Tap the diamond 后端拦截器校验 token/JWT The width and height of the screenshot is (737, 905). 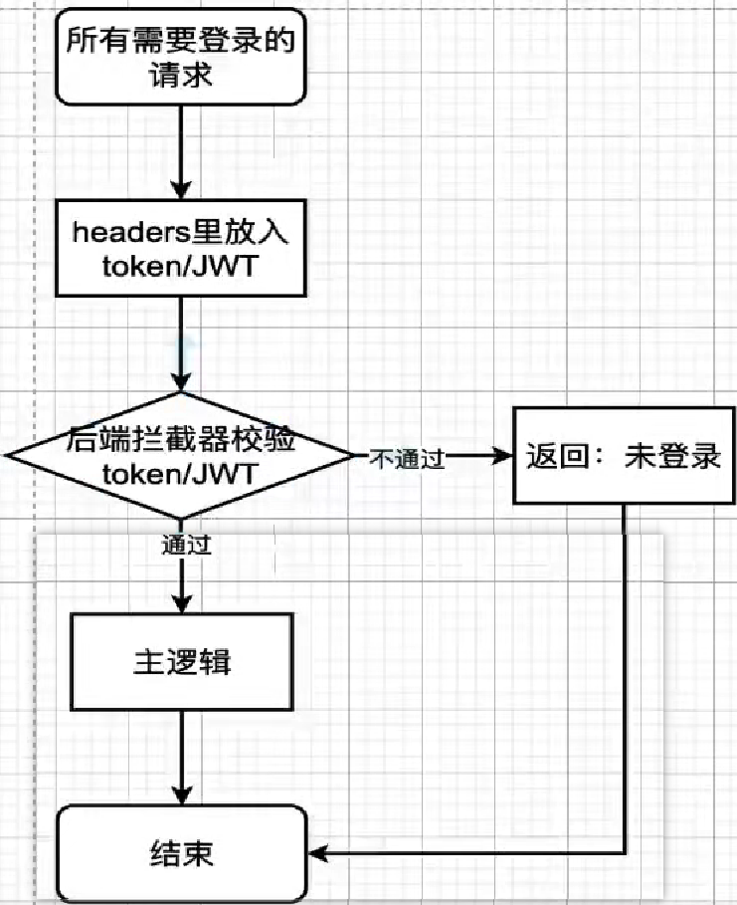[x=181, y=455]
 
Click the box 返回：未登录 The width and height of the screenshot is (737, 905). [x=623, y=457]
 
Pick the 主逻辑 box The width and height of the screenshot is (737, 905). [x=181, y=662]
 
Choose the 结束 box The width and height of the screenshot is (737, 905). [x=181, y=853]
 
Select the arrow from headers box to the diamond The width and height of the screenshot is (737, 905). [x=181, y=343]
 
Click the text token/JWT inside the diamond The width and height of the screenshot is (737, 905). [x=181, y=474]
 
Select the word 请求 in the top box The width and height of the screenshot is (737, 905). [x=181, y=75]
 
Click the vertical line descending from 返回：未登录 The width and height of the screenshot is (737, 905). [x=625, y=677]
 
